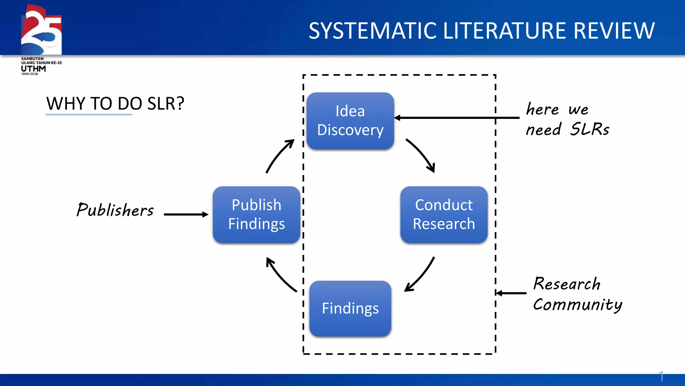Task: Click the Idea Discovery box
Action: (350, 121)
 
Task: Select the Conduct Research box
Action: (444, 214)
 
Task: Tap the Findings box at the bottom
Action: (350, 308)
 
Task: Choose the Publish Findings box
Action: (257, 214)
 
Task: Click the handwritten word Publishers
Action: (115, 210)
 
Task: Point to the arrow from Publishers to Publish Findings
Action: (186, 214)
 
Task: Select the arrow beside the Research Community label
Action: (511, 293)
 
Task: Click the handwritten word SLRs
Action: (590, 129)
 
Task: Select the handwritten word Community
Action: (577, 305)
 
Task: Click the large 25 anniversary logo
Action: (41, 30)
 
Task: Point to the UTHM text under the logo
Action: (33, 69)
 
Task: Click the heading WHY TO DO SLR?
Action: (115, 104)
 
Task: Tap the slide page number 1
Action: (661, 376)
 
